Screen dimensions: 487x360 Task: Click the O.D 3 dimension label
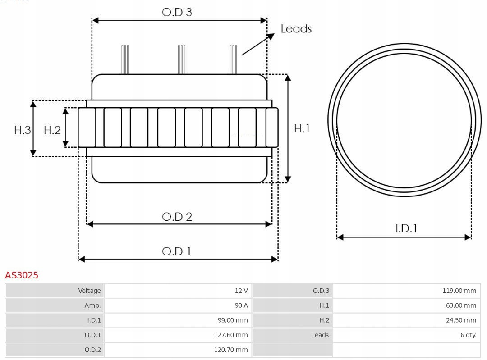click(177, 12)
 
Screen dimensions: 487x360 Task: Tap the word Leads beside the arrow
click(296, 29)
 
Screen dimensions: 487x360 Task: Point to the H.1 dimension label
click(302, 128)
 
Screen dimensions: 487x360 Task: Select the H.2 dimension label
click(52, 130)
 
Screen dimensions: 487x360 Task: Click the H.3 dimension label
click(23, 130)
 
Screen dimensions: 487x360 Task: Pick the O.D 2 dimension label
click(177, 217)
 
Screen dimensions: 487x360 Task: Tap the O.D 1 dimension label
click(176, 251)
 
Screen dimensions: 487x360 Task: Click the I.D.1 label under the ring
click(406, 228)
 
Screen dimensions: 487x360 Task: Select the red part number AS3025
click(22, 275)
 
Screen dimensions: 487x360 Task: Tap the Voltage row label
click(89, 291)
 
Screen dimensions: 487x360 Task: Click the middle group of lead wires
click(182, 59)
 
